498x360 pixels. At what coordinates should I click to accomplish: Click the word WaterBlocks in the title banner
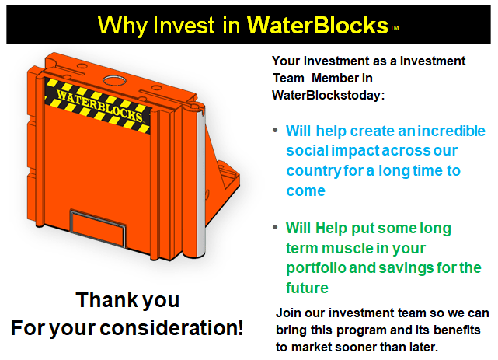tap(317, 25)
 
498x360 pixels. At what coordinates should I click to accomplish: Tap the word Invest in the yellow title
tap(183, 25)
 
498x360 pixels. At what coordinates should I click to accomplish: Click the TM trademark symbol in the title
tap(394, 28)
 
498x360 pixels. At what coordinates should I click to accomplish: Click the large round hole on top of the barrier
tap(114, 80)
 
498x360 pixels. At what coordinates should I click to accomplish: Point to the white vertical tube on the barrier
tap(201, 182)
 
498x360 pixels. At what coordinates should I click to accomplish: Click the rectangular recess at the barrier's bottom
tap(98, 228)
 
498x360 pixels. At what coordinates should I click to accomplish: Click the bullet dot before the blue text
tap(275, 130)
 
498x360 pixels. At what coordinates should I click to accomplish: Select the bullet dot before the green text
tap(275, 227)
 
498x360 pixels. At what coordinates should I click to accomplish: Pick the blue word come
tap(306, 191)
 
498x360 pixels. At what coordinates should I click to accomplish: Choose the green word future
tap(307, 288)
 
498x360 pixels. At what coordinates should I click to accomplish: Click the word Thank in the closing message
tap(106, 299)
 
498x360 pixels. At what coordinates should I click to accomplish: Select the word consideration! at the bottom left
tap(172, 327)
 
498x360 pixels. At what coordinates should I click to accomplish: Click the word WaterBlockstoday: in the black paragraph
tap(328, 95)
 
